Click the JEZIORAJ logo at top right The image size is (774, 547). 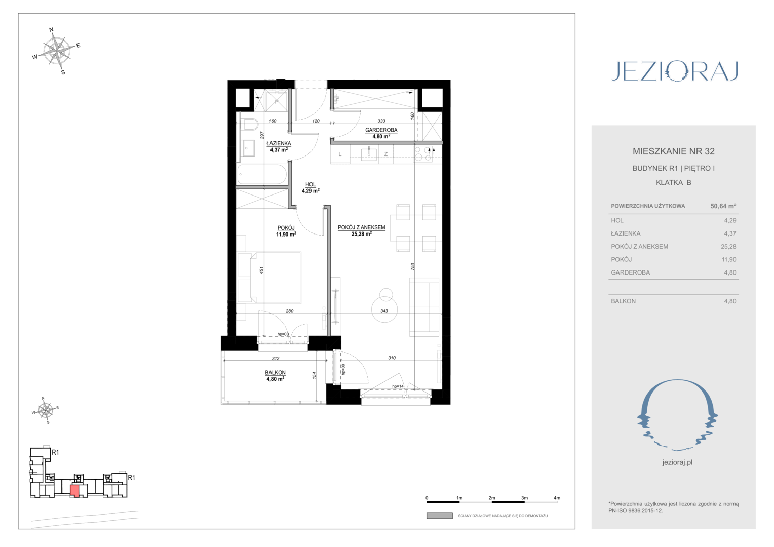point(675,71)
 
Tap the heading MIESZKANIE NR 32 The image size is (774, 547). point(673,151)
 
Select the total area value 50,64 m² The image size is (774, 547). point(723,206)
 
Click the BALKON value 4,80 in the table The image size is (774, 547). point(730,301)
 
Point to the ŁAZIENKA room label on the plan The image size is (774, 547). point(279,143)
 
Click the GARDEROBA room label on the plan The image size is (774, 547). point(381,130)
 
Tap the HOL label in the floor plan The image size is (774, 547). point(311,184)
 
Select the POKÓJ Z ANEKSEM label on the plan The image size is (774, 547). point(361,227)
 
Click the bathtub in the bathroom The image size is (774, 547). point(262,174)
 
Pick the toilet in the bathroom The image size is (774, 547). point(249,125)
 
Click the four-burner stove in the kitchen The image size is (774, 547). point(423,154)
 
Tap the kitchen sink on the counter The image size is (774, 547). point(369,154)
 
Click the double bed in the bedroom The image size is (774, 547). point(269,278)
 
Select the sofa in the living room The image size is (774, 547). point(424,307)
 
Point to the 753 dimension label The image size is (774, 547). point(412,267)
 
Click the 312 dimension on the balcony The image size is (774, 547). point(276,358)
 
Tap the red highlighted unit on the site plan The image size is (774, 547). point(74,491)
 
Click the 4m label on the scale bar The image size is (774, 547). point(557,498)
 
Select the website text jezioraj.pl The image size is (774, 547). point(677,463)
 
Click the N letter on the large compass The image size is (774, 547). point(52,30)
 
